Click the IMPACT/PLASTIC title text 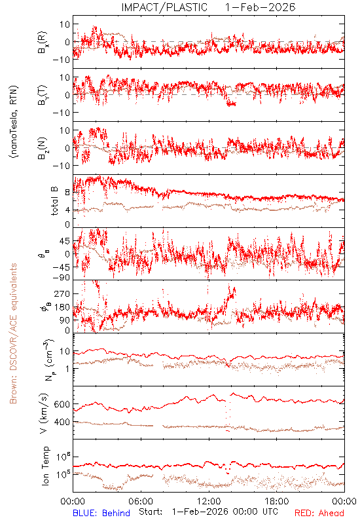(x=164, y=7)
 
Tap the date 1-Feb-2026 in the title (x=261, y=7)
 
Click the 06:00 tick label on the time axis (x=141, y=501)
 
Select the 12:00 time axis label (x=209, y=501)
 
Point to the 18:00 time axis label (x=277, y=501)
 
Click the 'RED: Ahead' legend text (x=319, y=513)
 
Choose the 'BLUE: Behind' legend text (x=101, y=513)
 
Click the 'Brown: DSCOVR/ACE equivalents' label (x=13, y=333)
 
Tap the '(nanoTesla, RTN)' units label (x=14, y=122)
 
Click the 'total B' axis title (x=54, y=201)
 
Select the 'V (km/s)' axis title (x=44, y=414)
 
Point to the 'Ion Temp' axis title (x=45, y=466)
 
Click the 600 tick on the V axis (x=62, y=404)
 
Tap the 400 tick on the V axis (x=62, y=422)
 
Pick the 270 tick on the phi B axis (x=62, y=293)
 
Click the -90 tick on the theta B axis (x=61, y=278)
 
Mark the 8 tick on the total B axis (x=67, y=193)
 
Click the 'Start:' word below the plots (x=151, y=512)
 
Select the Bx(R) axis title (x=43, y=43)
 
